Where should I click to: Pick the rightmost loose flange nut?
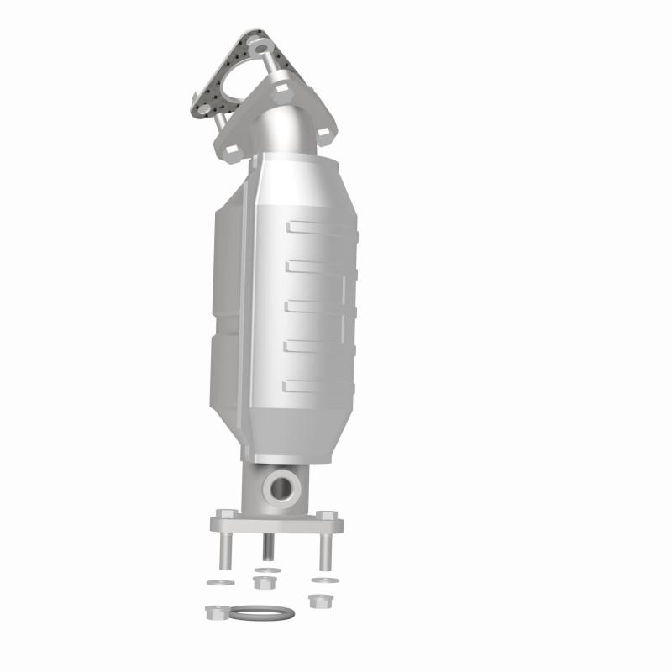pos(318,601)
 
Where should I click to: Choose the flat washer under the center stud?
pos(266,571)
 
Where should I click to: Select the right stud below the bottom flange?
pos(325,550)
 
